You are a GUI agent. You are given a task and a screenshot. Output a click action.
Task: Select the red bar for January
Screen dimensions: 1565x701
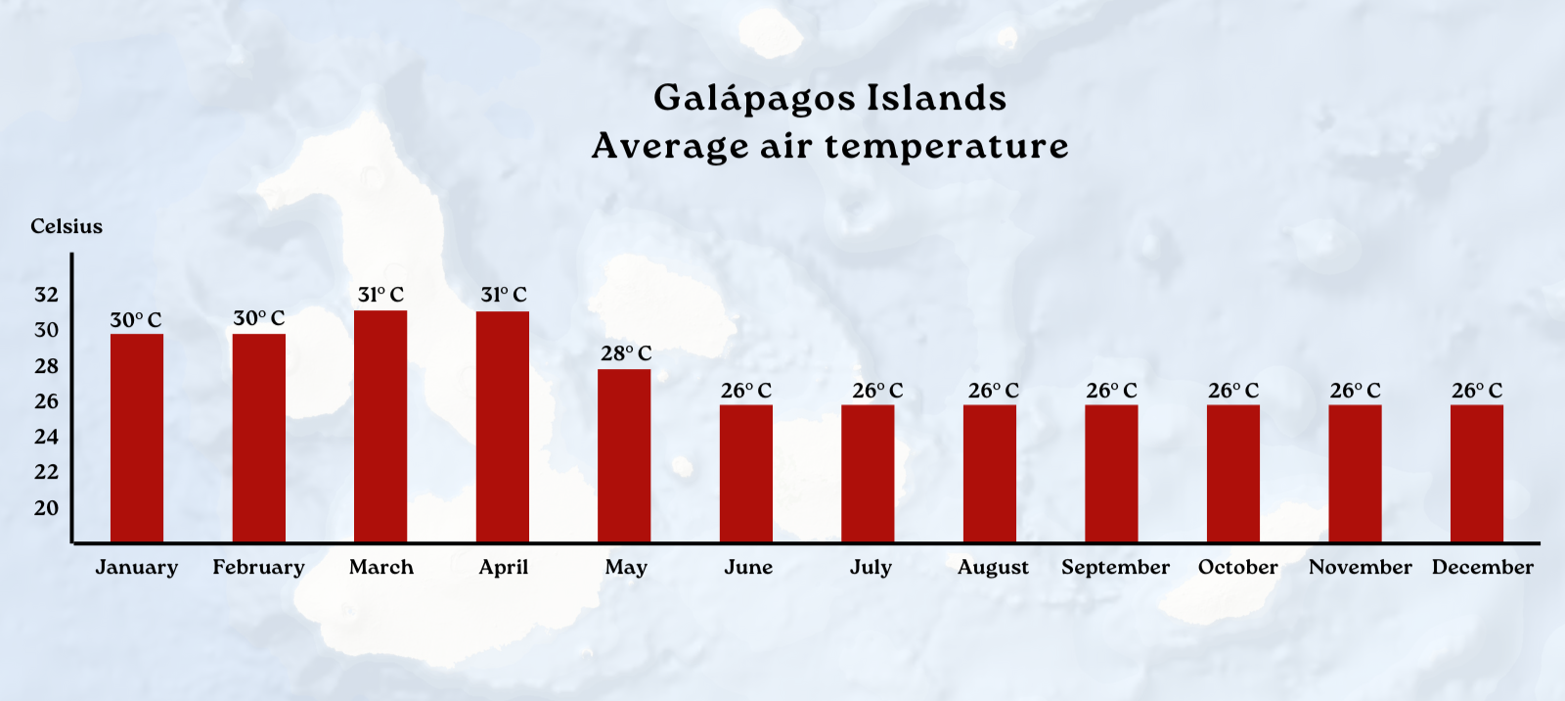pos(137,438)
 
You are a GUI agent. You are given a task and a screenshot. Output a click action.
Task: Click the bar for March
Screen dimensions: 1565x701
pos(380,426)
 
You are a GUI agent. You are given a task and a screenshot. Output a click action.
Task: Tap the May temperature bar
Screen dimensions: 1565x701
pos(624,455)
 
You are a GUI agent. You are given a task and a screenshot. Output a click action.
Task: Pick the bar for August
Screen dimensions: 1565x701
pos(990,474)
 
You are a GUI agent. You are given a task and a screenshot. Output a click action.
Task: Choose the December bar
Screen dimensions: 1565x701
pos(1477,474)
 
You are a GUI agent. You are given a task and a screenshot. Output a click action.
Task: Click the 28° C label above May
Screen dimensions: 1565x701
pos(626,353)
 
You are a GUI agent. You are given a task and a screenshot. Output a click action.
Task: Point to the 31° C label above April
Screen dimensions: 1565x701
pos(504,295)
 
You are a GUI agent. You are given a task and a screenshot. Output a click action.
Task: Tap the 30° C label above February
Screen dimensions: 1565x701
pos(259,318)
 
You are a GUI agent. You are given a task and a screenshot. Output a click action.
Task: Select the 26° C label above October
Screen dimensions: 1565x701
pos(1233,391)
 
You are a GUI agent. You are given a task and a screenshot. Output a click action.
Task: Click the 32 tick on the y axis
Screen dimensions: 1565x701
pos(46,295)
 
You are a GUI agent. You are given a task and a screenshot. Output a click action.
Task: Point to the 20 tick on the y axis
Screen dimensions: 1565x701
pos(46,508)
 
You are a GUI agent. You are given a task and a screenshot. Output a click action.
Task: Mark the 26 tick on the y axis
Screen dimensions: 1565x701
pos(46,401)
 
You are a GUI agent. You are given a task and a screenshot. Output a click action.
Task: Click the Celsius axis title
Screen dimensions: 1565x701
pos(67,226)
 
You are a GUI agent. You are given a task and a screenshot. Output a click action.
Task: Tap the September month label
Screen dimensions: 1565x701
pos(1116,568)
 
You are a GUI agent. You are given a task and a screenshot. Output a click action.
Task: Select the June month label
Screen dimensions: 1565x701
pos(748,567)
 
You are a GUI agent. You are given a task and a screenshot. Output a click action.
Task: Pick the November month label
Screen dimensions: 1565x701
pos(1361,567)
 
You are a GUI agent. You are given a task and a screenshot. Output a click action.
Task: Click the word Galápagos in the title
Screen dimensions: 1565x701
pos(754,99)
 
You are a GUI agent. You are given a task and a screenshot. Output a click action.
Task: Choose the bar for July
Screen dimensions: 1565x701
pos(868,474)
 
